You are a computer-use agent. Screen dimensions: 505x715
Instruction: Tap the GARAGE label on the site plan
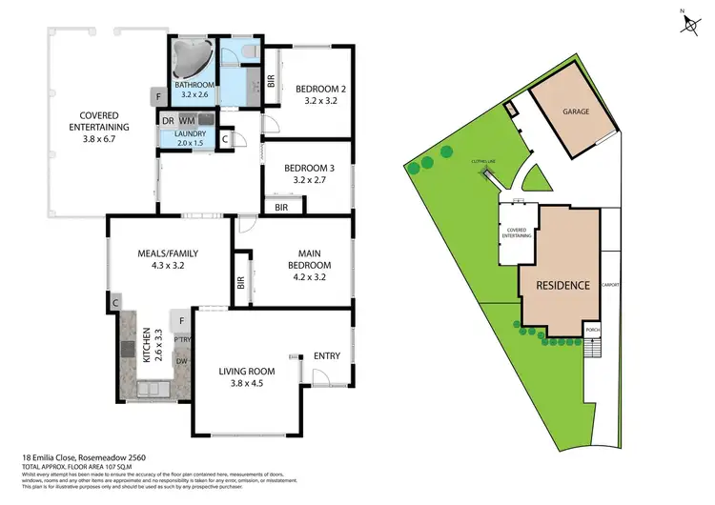coord(574,111)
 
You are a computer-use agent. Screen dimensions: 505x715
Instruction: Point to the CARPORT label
coord(611,285)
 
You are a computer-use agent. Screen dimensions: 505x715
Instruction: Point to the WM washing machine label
coord(187,121)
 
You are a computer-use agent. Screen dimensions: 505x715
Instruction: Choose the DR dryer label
coord(167,121)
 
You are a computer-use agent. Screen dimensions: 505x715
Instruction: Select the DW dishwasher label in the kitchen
coord(181,362)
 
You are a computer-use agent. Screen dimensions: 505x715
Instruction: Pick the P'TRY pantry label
coord(181,340)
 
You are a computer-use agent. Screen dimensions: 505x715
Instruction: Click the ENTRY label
coord(327,355)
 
